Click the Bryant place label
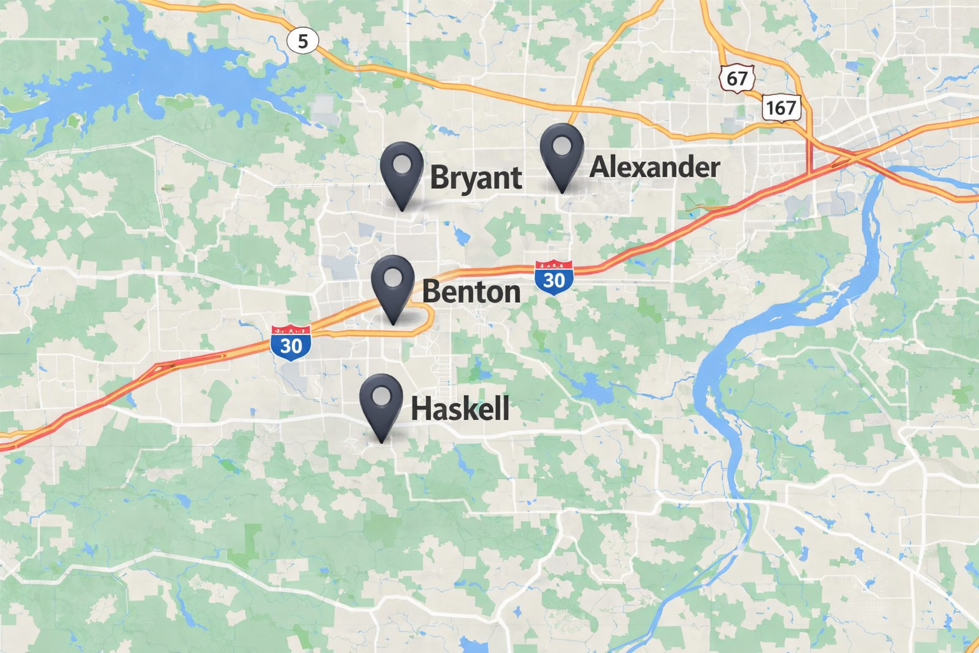[x=476, y=177]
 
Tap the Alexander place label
[x=655, y=167]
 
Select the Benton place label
[x=471, y=292]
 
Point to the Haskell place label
[x=460, y=409]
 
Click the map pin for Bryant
[x=402, y=170]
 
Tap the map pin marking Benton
[x=393, y=283]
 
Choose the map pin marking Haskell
[x=381, y=401]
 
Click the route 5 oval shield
[x=303, y=41]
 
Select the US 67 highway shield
[x=737, y=78]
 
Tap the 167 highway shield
[x=781, y=108]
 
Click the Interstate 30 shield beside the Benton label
[x=554, y=277]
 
